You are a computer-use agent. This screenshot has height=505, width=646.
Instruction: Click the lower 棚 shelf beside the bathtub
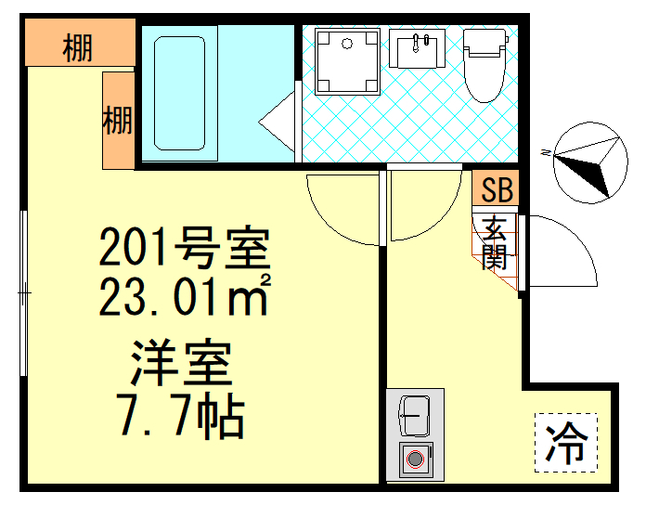(118, 121)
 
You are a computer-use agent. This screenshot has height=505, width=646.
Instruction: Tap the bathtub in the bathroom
(178, 93)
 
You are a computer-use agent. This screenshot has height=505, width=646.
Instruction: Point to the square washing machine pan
(347, 61)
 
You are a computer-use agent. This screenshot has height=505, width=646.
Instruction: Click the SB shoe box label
(497, 191)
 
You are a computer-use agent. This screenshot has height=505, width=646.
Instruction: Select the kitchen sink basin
(414, 416)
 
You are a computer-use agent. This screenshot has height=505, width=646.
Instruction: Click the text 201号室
(185, 249)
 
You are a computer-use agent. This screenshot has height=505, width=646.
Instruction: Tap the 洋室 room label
(180, 364)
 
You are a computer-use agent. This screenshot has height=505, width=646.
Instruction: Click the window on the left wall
(25, 292)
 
